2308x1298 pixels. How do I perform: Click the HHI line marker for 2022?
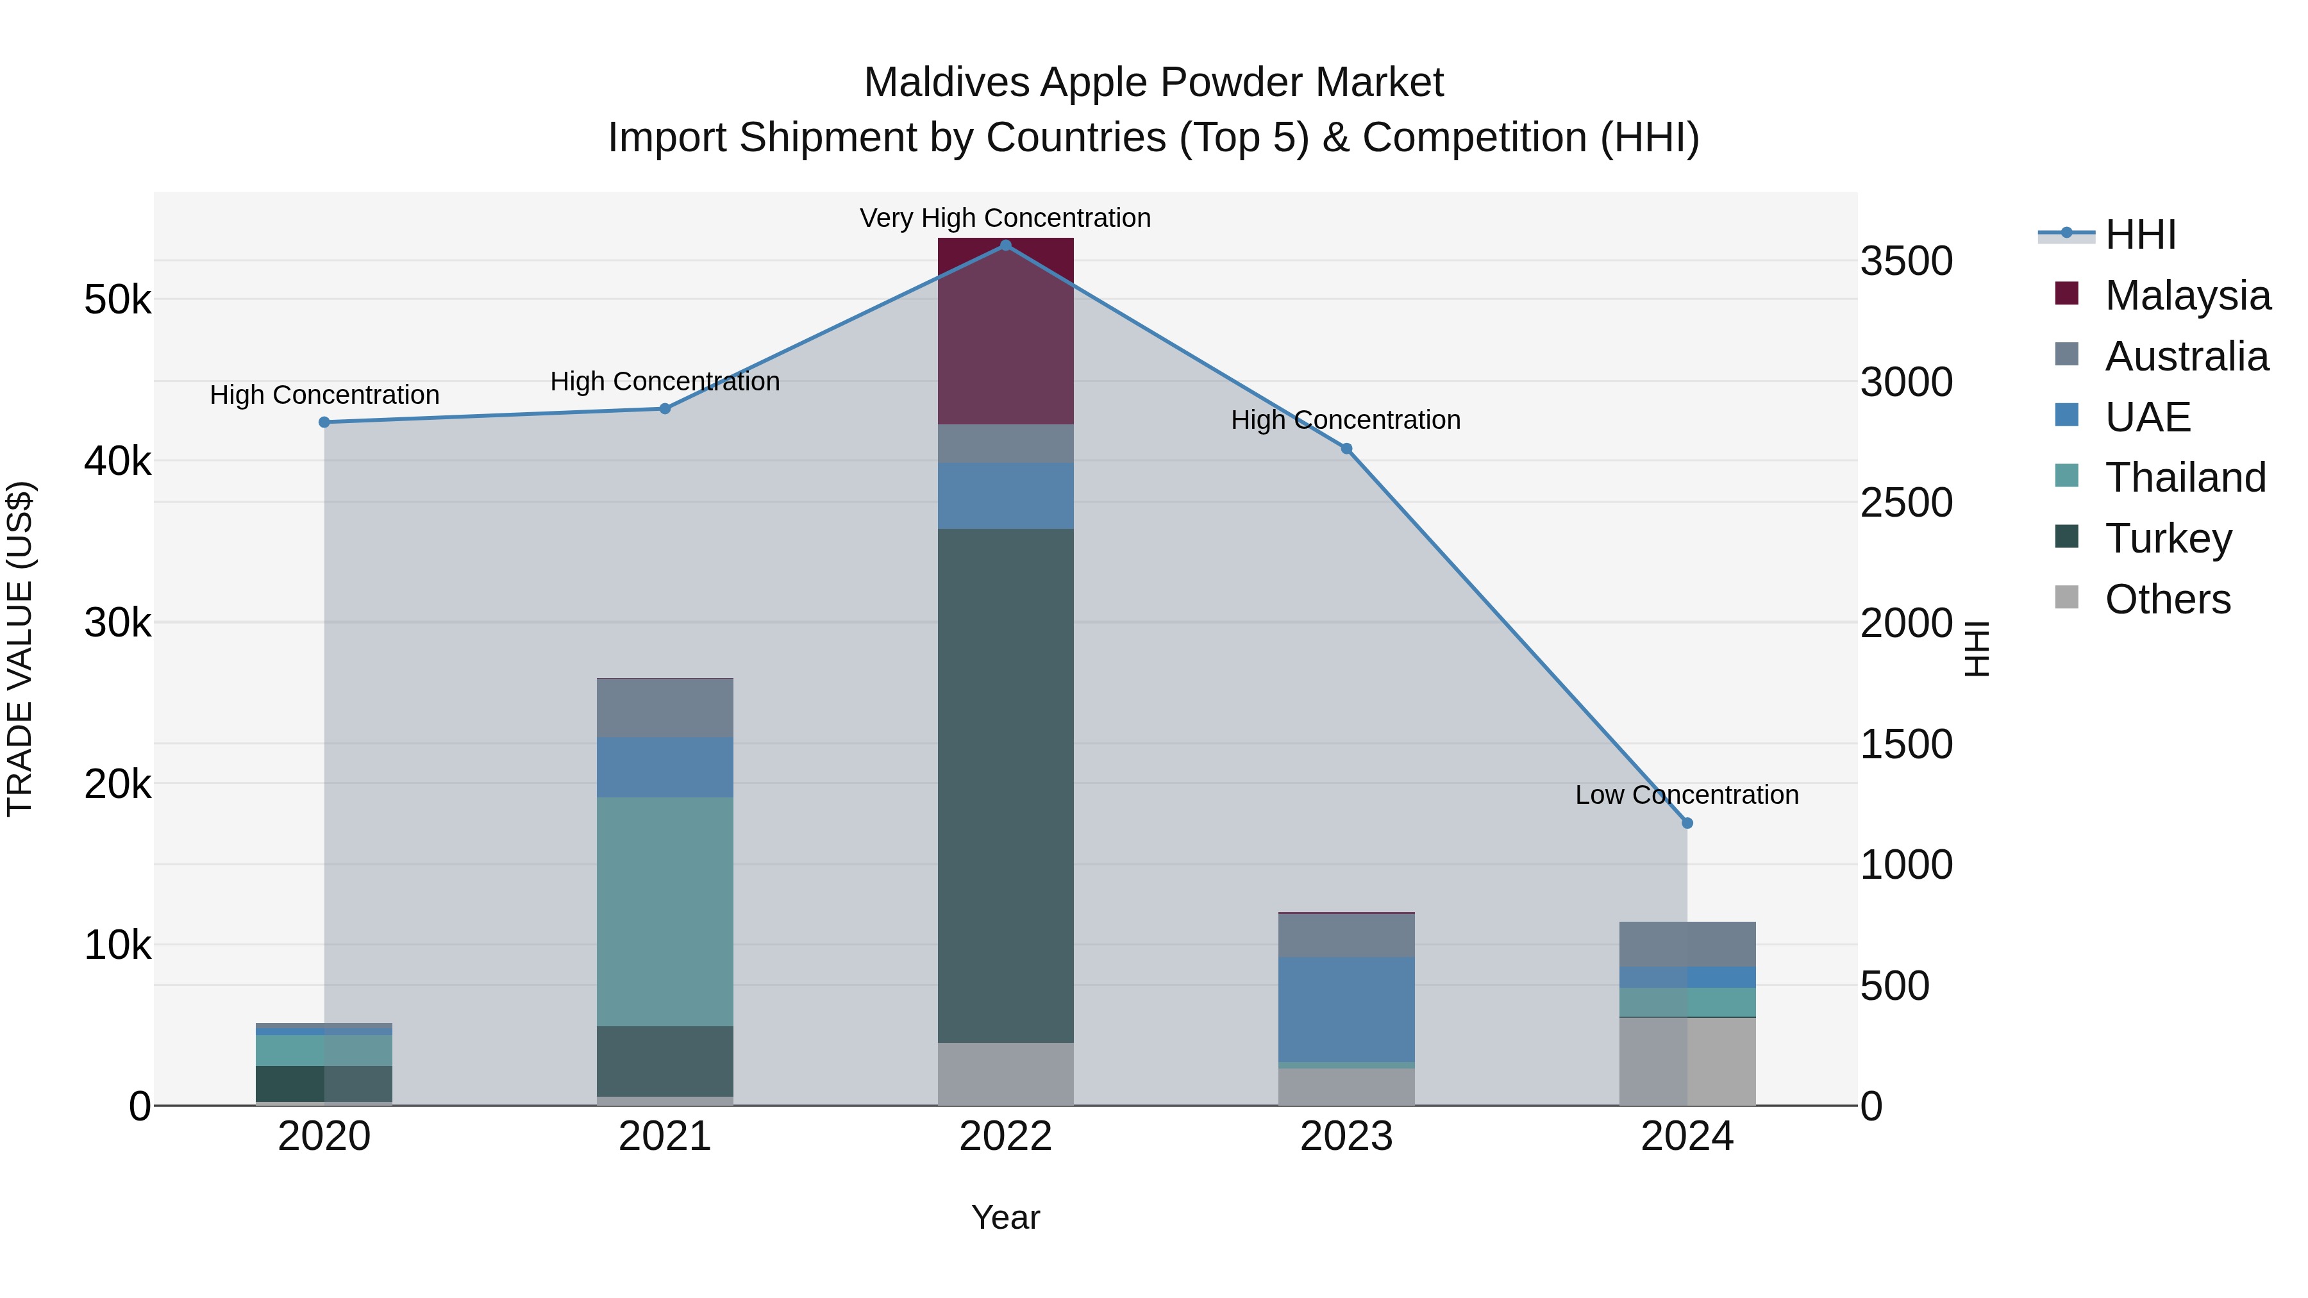click(x=1005, y=245)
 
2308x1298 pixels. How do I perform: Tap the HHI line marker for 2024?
click(x=1687, y=823)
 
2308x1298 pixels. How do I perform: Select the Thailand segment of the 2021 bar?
click(x=665, y=911)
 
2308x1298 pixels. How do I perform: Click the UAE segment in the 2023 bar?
click(x=1346, y=1009)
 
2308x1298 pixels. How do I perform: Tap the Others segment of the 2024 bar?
click(x=1687, y=1061)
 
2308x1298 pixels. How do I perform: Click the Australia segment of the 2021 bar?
click(x=665, y=708)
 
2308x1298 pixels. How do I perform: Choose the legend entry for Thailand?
click(x=2184, y=478)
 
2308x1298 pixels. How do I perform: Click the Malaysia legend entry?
click(x=2186, y=295)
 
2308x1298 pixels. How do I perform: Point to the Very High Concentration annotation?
click(x=1005, y=219)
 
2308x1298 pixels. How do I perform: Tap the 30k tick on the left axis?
click(x=117, y=622)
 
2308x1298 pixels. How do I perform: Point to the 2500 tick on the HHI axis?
click(x=1906, y=503)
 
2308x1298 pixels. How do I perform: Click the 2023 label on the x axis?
click(x=1346, y=1136)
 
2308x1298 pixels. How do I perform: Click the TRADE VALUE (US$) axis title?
click(x=21, y=649)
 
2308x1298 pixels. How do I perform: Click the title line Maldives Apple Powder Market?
click(x=1153, y=83)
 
